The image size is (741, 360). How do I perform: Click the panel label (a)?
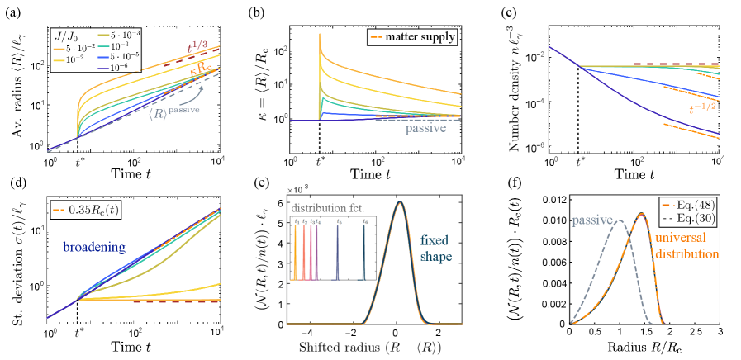click(x=12, y=8)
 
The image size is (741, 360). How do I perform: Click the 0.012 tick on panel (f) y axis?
click(x=554, y=199)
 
